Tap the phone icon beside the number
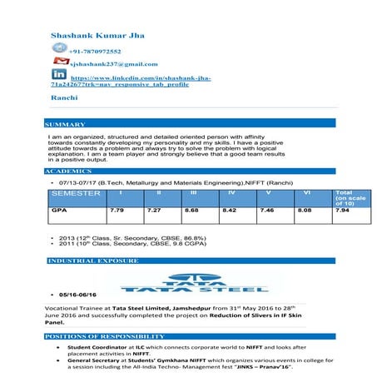pyautogui.click(x=59, y=50)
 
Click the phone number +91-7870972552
pyautogui.click(x=102, y=52)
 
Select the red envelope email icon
pyautogui.click(x=59, y=62)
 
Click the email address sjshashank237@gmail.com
pyautogui.click(x=113, y=64)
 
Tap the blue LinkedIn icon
pyautogui.click(x=59, y=76)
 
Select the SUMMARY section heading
pyautogui.click(x=66, y=124)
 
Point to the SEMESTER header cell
pyautogui.click(x=76, y=193)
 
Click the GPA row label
pyautogui.click(x=59, y=212)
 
